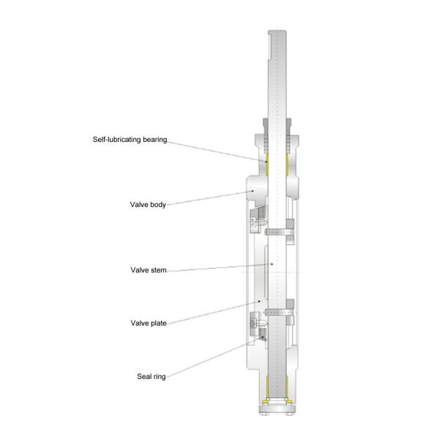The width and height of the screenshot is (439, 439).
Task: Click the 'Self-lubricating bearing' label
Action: pos(130,140)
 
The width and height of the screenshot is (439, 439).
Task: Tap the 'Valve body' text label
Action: pos(148,205)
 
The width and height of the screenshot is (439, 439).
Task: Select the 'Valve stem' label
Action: pos(149,270)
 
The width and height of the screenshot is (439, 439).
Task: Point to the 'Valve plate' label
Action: pos(149,323)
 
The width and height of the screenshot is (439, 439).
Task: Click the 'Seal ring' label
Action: pos(151,377)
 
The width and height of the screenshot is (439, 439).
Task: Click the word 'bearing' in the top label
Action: pos(155,140)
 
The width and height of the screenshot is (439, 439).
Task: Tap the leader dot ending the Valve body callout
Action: pos(252,191)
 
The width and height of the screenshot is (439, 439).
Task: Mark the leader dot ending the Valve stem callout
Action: pos(272,264)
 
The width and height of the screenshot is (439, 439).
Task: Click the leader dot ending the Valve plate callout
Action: pos(259,301)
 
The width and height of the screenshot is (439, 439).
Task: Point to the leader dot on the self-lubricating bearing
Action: pos(266,161)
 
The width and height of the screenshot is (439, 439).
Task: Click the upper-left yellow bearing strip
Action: pos(267,165)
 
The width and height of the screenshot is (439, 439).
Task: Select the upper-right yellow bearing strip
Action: pos(287,165)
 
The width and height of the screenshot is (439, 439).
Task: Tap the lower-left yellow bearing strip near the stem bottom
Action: pos(267,386)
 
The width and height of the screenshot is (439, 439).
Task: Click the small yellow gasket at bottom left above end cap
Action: pos(265,402)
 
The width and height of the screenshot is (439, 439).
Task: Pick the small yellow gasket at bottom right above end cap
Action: pos(289,402)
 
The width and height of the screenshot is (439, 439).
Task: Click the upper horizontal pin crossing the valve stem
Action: pos(279,232)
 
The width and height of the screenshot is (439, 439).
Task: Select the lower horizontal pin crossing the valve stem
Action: pos(279,312)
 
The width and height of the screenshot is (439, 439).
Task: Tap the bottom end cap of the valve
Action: pos(277,409)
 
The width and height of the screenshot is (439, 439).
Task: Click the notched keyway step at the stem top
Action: pos(269,46)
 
